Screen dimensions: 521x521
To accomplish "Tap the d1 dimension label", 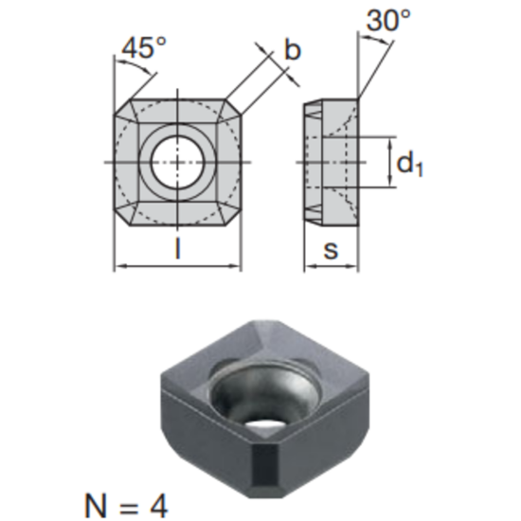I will pyautogui.click(x=409, y=165).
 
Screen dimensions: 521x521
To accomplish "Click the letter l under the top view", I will pyautogui.click(x=177, y=251).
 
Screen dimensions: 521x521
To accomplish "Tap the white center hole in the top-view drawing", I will pyautogui.click(x=177, y=162).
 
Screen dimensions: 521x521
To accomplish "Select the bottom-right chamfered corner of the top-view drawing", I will pyautogui.click(x=231, y=217).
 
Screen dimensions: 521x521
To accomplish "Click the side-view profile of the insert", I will pyautogui.click(x=331, y=162).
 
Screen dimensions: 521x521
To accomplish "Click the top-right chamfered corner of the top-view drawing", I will pyautogui.click(x=231, y=107).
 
